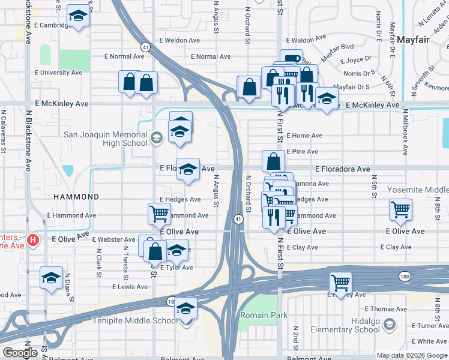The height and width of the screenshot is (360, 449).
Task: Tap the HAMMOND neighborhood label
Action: [76, 197]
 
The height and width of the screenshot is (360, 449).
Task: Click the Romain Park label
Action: [264, 315]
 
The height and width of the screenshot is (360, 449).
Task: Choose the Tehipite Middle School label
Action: [135, 320]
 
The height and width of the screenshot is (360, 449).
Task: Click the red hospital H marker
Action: [33, 241]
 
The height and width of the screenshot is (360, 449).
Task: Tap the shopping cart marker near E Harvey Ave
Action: [341, 281]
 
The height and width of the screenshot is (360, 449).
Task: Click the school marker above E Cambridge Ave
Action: [77, 17]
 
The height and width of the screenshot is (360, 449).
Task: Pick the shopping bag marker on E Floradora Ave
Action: [273, 161]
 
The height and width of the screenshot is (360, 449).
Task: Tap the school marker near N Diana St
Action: [51, 277]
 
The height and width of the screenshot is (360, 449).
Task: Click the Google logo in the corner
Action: [20, 353]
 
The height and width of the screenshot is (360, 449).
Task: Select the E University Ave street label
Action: [58, 73]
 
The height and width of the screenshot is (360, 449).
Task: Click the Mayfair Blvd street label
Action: [337, 50]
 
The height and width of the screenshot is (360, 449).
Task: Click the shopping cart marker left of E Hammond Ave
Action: [159, 213]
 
